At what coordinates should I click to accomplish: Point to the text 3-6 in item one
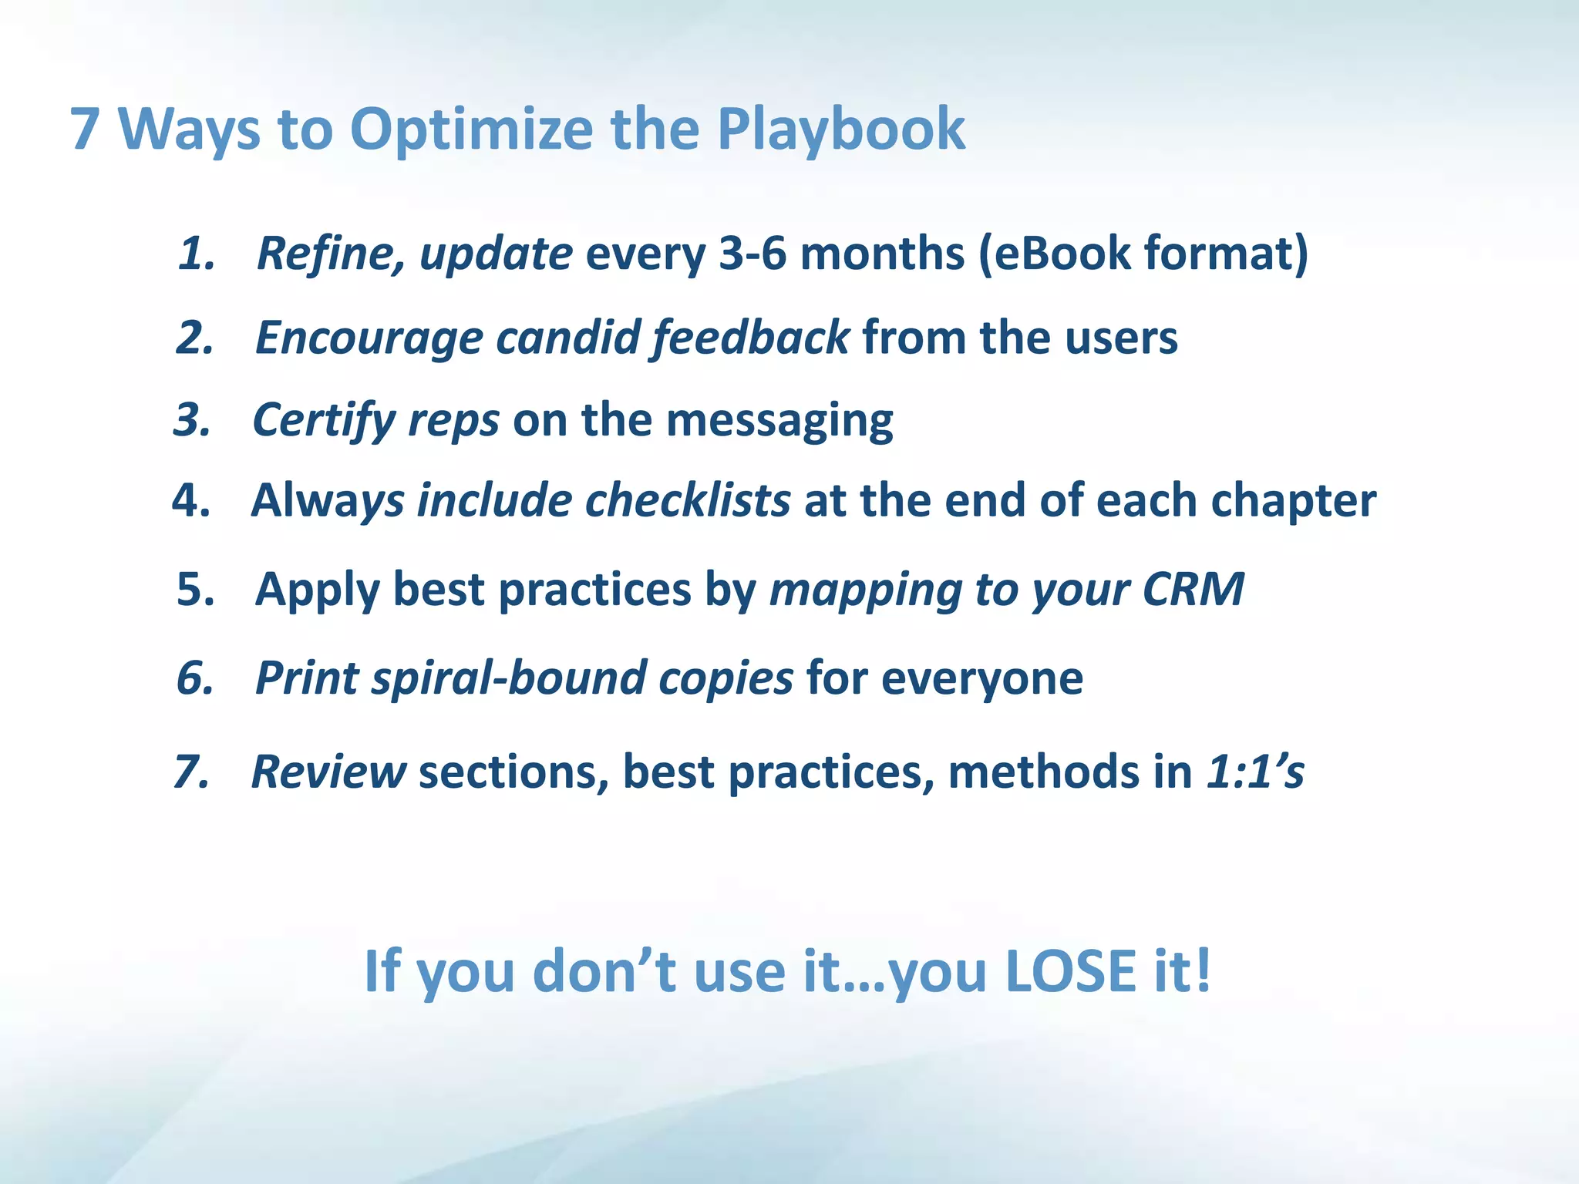[752, 253]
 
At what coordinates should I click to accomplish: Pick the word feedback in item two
[750, 338]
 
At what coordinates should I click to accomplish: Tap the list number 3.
[192, 420]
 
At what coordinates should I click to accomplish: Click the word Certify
[324, 422]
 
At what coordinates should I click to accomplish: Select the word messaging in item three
[779, 422]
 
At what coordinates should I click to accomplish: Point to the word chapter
[1293, 502]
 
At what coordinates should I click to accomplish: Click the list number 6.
[195, 678]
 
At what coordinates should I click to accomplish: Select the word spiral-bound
[508, 678]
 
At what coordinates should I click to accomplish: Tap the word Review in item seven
[328, 772]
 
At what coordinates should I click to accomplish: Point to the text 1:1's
[1254, 772]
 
